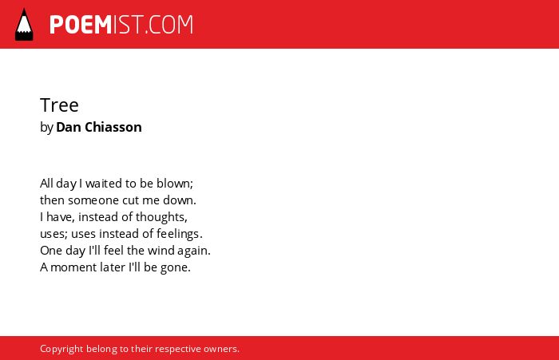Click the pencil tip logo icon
point(24,24)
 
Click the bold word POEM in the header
point(81,25)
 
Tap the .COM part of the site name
point(168,25)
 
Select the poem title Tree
point(59,105)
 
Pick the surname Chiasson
point(113,127)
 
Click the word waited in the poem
point(104,184)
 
